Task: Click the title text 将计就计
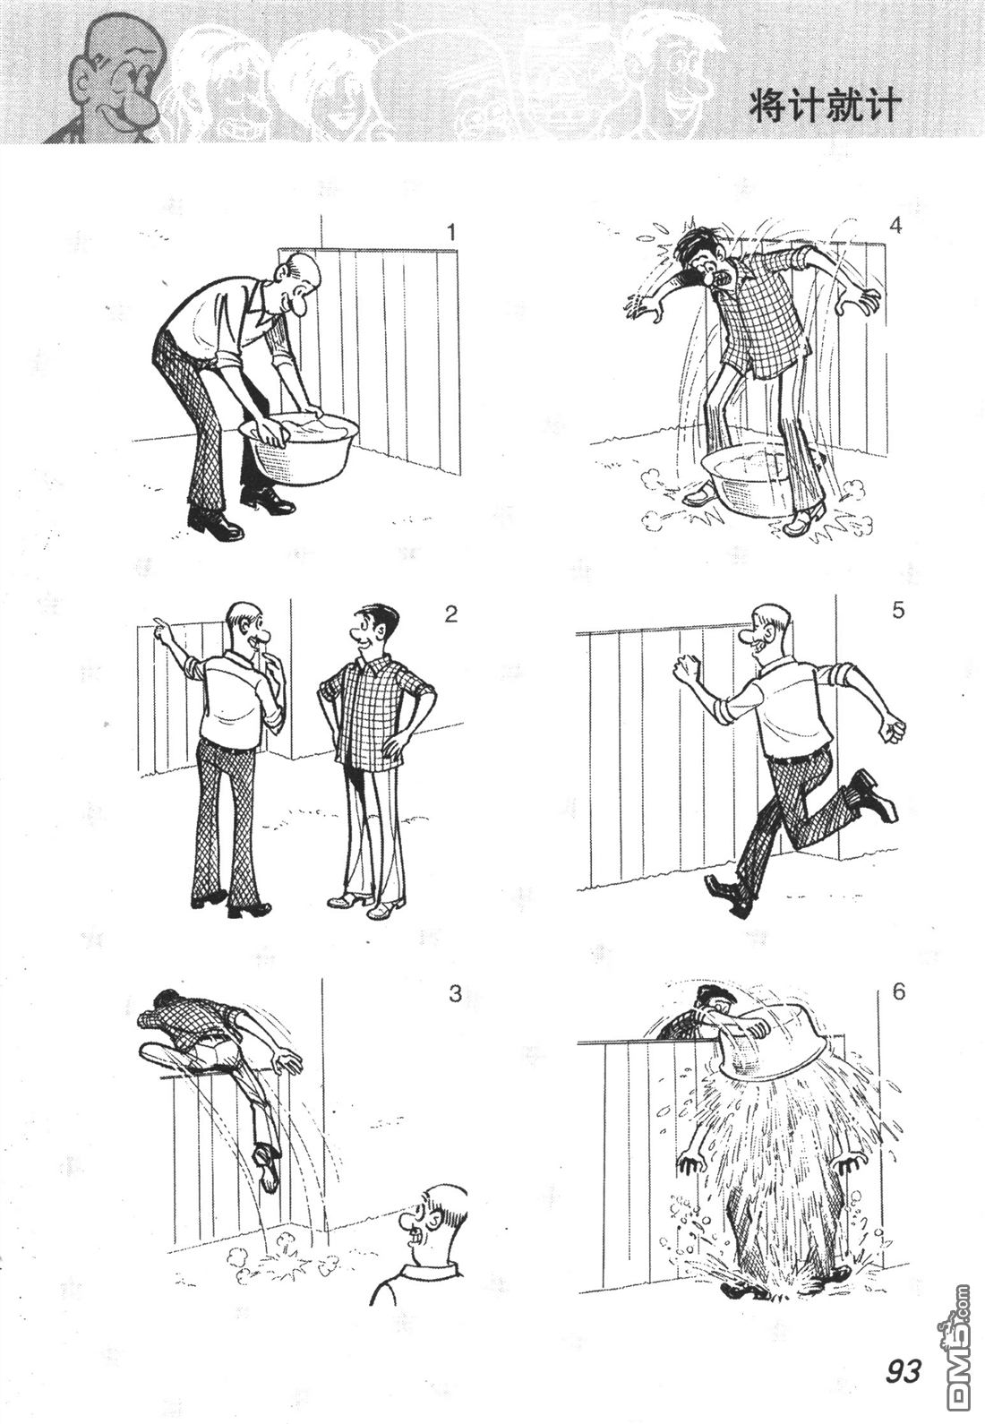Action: (822, 107)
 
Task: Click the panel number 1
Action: (451, 233)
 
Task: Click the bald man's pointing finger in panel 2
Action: (157, 621)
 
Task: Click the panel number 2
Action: (450, 614)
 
